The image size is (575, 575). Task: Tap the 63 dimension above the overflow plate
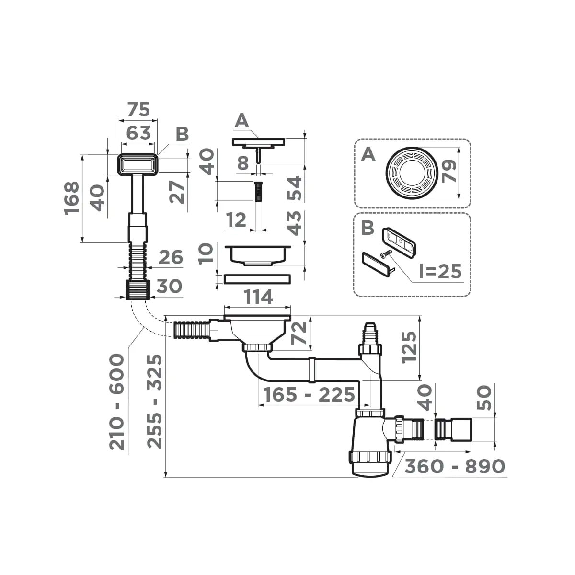pos(138,132)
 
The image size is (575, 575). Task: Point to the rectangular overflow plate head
pos(138,164)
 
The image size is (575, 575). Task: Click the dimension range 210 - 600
pos(117,402)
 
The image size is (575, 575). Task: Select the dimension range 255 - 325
pos(155,402)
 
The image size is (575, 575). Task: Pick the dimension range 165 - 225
pos(309,395)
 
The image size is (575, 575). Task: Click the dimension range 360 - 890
pos(455,466)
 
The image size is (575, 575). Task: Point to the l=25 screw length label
pos(440,272)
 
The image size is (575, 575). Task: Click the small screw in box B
pos(385,255)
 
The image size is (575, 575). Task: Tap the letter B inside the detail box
pos(368,228)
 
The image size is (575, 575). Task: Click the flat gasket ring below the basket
pos(257,278)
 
